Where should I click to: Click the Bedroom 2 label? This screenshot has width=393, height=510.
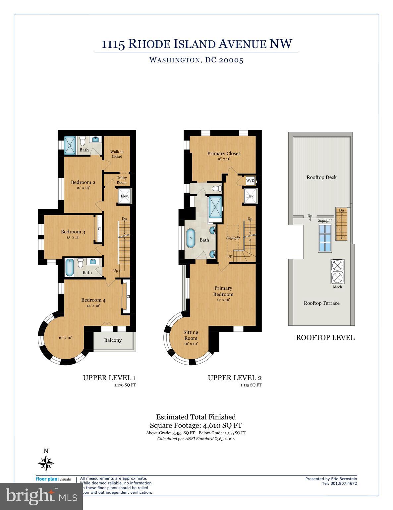(x=83, y=182)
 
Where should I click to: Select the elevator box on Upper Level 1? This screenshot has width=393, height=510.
(x=124, y=196)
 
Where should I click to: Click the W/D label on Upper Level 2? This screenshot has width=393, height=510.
(x=250, y=181)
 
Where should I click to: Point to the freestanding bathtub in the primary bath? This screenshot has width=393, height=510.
(x=191, y=238)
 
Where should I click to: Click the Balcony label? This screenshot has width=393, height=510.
(x=113, y=340)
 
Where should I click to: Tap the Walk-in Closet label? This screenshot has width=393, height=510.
(x=117, y=154)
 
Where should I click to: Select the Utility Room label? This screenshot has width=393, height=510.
(x=122, y=180)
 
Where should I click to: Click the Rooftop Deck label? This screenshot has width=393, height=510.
(x=321, y=177)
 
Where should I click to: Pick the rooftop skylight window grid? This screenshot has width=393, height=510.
(x=325, y=238)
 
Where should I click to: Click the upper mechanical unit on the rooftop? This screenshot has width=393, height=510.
(x=337, y=266)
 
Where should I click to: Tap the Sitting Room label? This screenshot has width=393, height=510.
(x=191, y=335)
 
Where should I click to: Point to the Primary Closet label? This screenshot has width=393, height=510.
(x=224, y=153)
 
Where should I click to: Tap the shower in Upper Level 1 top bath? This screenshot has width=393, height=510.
(x=70, y=145)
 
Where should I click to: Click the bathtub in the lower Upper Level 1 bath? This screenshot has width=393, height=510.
(x=70, y=267)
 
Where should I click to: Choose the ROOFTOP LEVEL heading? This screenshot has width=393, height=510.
(x=325, y=338)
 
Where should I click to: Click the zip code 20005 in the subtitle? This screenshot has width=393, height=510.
(x=231, y=60)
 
